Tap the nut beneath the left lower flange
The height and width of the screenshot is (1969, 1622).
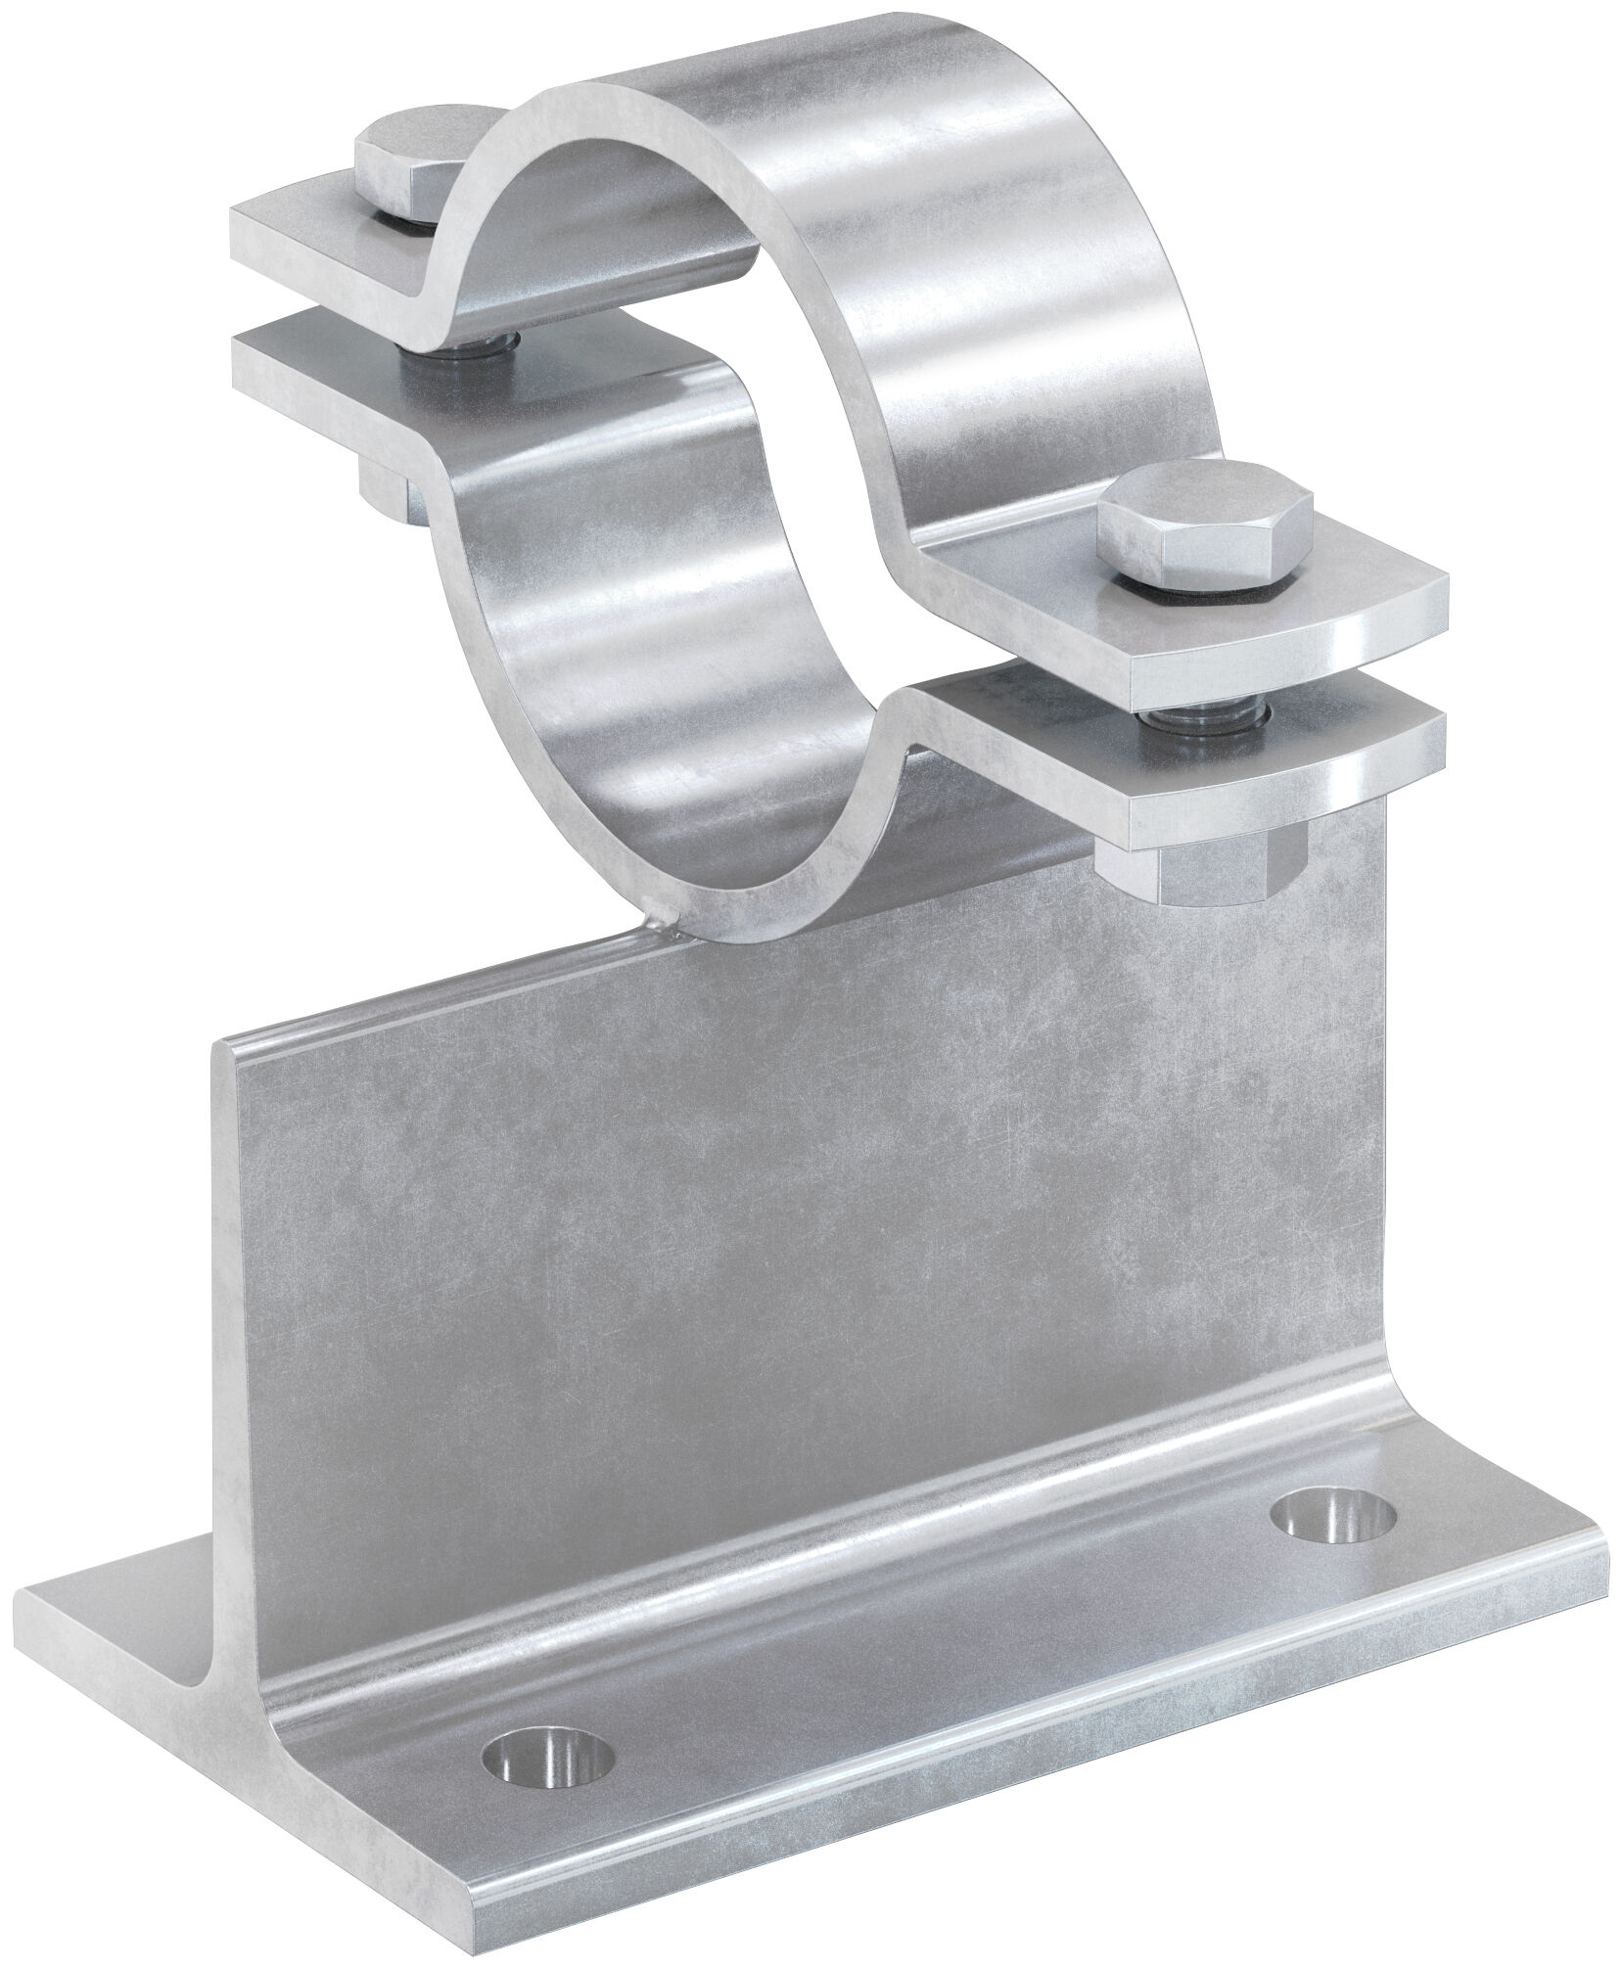[387, 489]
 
